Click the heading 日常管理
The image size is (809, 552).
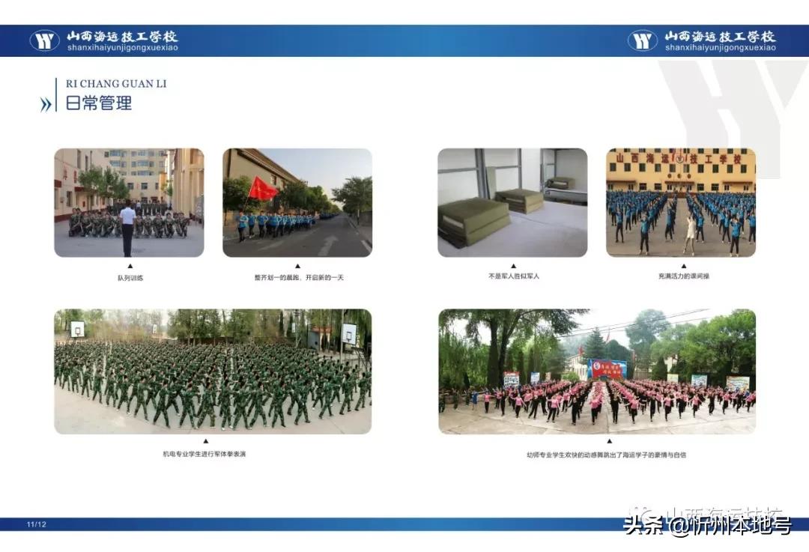pyautogui.click(x=99, y=103)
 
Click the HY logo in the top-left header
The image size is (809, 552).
pyautogui.click(x=45, y=40)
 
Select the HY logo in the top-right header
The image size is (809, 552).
pyautogui.click(x=643, y=40)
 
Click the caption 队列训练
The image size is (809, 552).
pyautogui.click(x=129, y=278)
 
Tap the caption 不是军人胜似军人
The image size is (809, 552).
pyautogui.click(x=513, y=276)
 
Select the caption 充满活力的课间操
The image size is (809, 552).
pyautogui.click(x=681, y=276)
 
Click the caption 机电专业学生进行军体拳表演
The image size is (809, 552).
pyautogui.click(x=204, y=454)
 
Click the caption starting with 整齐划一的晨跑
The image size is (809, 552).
pyautogui.click(x=297, y=277)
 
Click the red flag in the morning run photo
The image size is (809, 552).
pyautogui.click(x=262, y=189)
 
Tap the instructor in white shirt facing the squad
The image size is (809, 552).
pyautogui.click(x=128, y=224)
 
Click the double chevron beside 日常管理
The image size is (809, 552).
pyautogui.click(x=46, y=105)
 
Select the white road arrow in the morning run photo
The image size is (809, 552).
pyautogui.click(x=328, y=244)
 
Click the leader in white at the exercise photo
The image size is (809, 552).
pyautogui.click(x=690, y=232)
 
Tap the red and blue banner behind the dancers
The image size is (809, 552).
pyautogui.click(x=607, y=368)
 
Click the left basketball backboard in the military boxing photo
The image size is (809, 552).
pyautogui.click(x=78, y=328)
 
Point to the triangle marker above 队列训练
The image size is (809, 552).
pyautogui.click(x=129, y=266)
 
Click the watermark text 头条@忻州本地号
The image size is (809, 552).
pyautogui.click(x=708, y=527)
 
